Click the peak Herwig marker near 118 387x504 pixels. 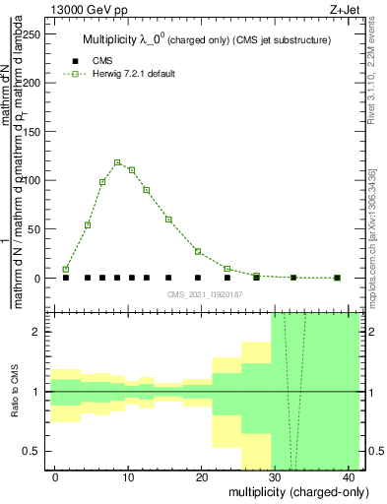117,162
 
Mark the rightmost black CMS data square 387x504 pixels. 337,278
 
